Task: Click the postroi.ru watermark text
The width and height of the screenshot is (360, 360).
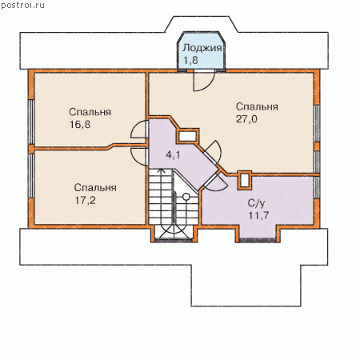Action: [22, 6]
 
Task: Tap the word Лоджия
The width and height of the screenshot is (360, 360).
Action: [202, 48]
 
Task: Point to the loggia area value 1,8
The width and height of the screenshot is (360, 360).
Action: [190, 60]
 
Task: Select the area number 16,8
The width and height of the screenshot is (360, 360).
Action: [80, 124]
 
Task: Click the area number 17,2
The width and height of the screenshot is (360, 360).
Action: [85, 200]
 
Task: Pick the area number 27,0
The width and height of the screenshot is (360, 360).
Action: [246, 119]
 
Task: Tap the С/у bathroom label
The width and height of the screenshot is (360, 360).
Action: [257, 203]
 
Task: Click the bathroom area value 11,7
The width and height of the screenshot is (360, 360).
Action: [258, 215]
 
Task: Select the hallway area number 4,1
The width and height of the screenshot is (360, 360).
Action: [173, 154]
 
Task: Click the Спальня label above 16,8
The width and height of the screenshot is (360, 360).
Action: [90, 112]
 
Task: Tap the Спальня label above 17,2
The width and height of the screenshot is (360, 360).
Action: [95, 188]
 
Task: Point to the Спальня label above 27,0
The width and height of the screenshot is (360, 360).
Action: [257, 106]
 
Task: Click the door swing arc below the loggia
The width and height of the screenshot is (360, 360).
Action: [210, 86]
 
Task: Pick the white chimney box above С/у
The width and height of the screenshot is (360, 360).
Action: [245, 181]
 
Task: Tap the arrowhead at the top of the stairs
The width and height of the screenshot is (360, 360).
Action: [160, 171]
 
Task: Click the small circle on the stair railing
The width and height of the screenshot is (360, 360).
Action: [186, 197]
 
